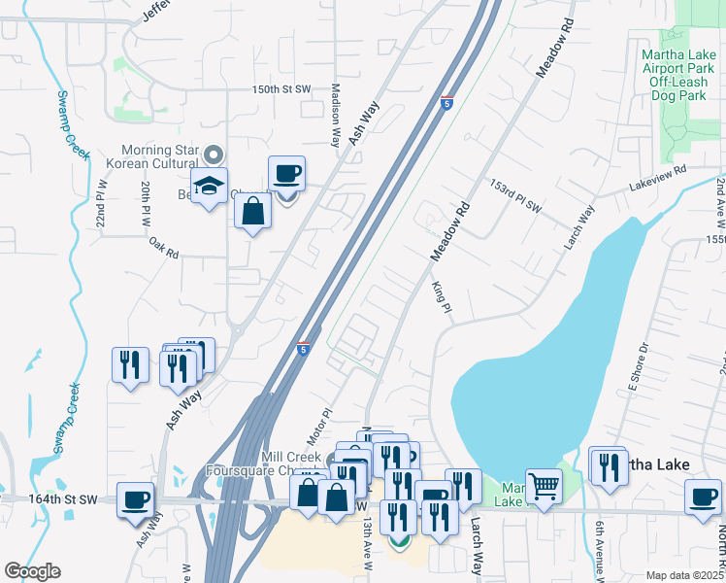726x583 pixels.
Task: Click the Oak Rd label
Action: (164, 249)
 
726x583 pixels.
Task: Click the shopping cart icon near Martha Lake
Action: (544, 486)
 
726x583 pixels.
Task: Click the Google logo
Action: (32, 571)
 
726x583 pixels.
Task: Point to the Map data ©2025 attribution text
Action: (684, 575)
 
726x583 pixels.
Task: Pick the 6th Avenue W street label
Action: (601, 549)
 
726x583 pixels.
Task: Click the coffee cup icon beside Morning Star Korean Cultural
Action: (286, 174)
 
